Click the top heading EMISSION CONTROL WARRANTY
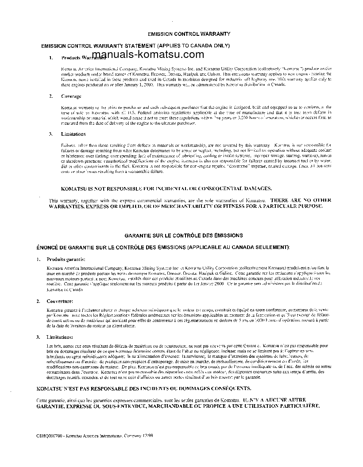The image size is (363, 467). pos(189,34)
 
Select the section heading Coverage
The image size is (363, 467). pos(71,96)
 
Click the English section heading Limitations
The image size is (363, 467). pos(73,134)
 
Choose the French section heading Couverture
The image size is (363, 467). pos(60,301)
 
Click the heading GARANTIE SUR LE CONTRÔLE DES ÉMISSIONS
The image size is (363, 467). pos(183,236)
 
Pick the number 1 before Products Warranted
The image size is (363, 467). pos(50,57)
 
